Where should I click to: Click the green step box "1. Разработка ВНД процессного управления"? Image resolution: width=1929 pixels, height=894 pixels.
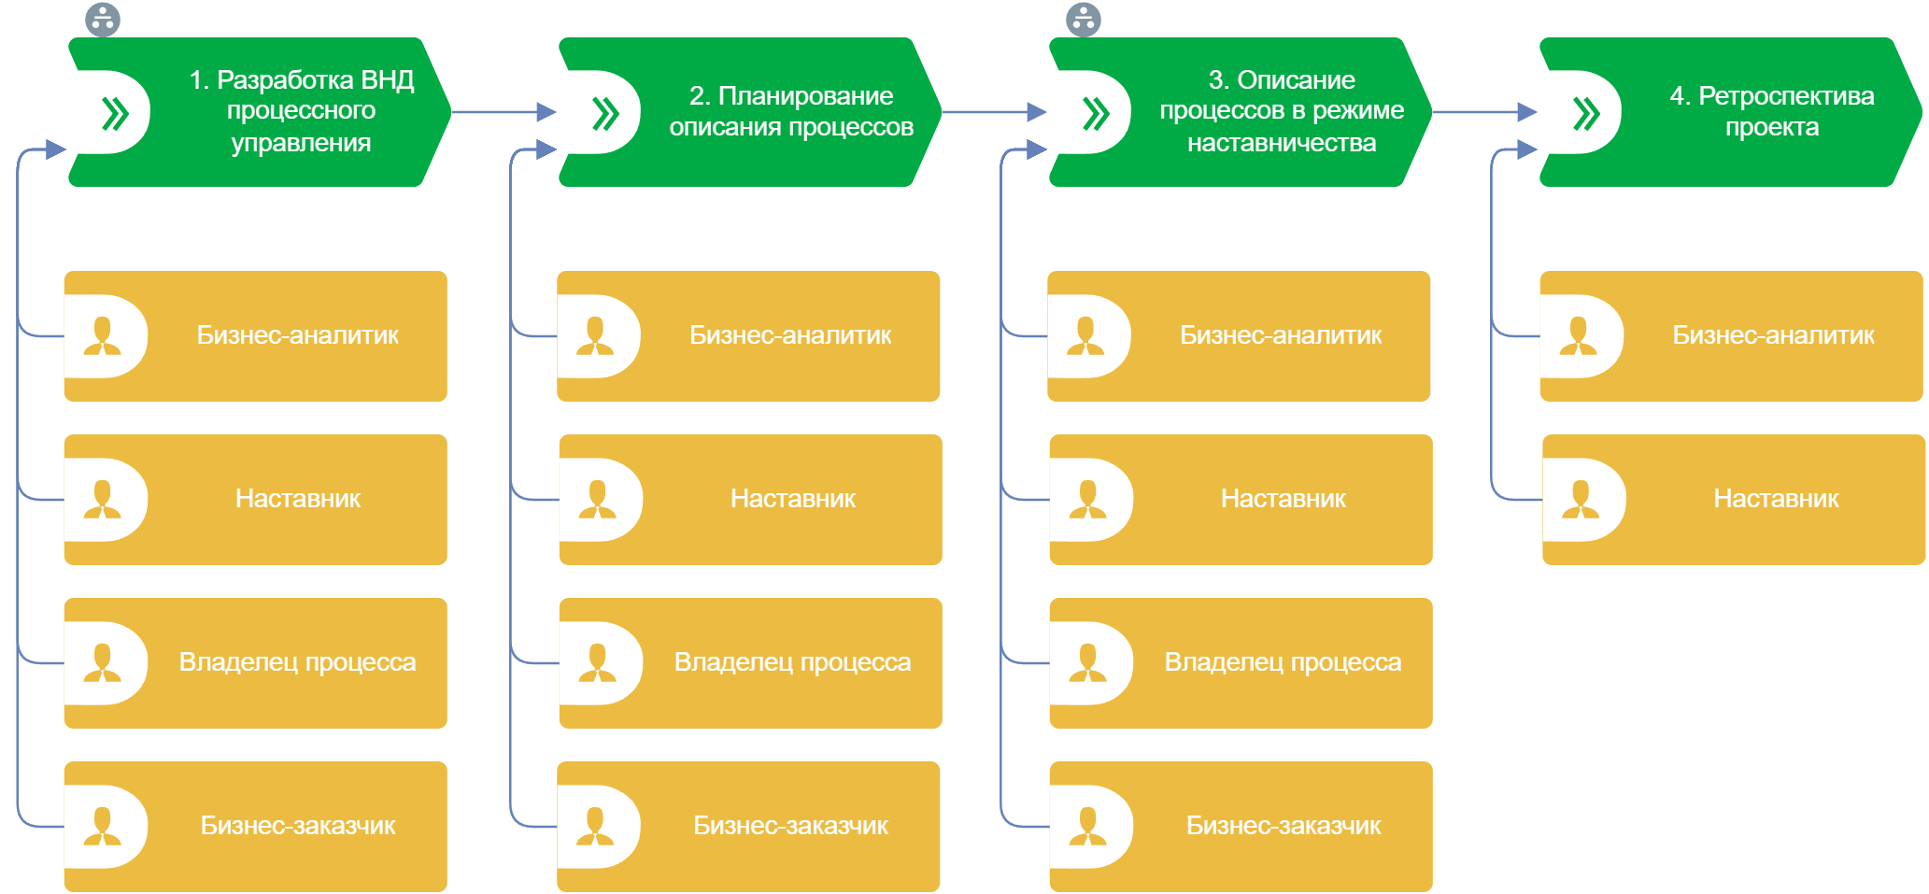click(280, 112)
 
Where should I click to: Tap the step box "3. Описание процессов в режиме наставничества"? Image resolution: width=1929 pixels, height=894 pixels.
click(1261, 112)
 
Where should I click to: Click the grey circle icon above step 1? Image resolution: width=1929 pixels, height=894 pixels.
click(103, 19)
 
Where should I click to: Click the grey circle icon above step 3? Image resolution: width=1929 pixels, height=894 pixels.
click(1084, 19)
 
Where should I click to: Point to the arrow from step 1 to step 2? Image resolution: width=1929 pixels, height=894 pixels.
click(504, 112)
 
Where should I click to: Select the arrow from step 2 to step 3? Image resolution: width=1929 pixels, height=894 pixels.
click(994, 112)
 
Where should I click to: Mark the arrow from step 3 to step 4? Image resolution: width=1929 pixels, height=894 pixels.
click(1484, 112)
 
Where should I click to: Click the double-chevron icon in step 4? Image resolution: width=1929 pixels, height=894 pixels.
click(1585, 113)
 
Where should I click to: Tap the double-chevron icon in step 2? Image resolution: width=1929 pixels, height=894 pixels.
click(605, 113)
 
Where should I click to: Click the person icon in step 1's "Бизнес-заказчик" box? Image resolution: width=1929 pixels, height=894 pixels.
click(103, 827)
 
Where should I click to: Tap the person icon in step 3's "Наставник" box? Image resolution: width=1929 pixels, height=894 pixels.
click(1087, 500)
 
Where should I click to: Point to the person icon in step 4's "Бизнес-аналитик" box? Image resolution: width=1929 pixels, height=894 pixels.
click(1578, 336)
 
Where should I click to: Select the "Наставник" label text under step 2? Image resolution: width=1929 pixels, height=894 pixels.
click(792, 499)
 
